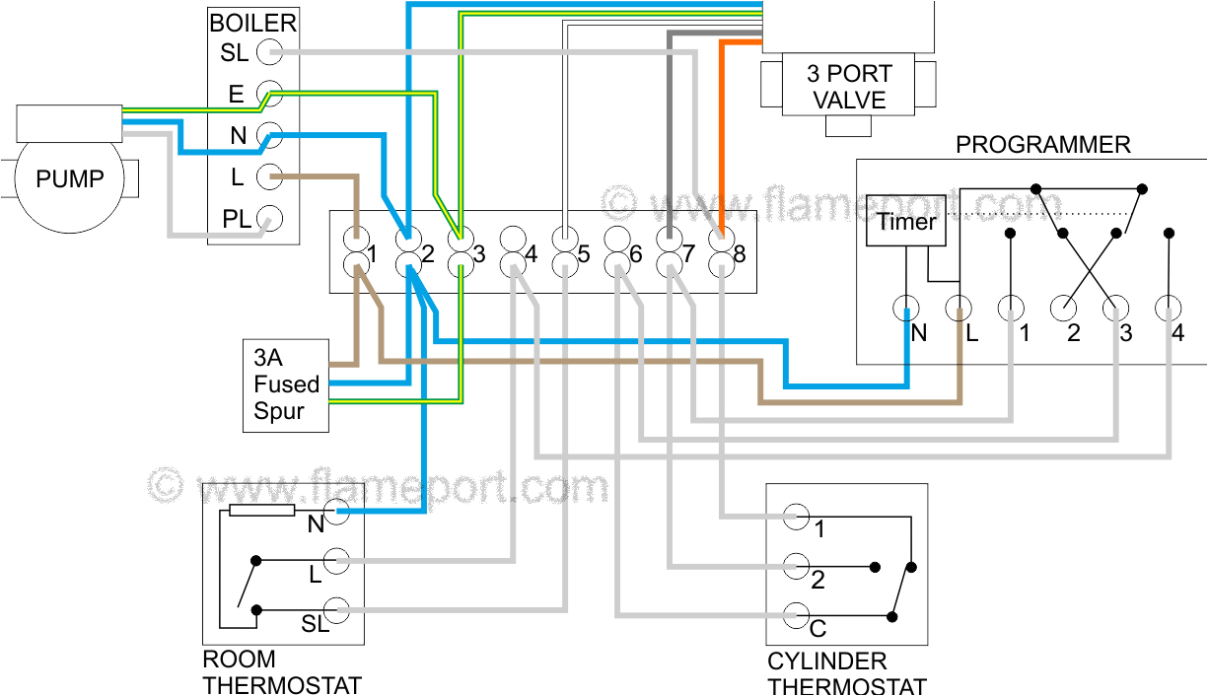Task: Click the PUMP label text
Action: tap(69, 179)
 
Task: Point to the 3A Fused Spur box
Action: tap(286, 384)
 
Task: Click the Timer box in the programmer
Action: tap(905, 222)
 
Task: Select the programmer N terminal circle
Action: tap(906, 309)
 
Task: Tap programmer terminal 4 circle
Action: tap(1169, 309)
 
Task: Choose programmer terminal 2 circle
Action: tap(1063, 309)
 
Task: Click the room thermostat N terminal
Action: tap(337, 511)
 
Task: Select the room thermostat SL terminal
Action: tap(337, 611)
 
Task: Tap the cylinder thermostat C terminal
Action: tap(797, 617)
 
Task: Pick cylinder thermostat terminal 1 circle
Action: tap(797, 517)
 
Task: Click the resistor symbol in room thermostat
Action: tap(261, 511)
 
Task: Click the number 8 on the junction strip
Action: tap(739, 254)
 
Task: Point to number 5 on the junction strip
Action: tap(583, 254)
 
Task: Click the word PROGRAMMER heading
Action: tap(1042, 145)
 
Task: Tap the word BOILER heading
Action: tap(252, 23)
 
